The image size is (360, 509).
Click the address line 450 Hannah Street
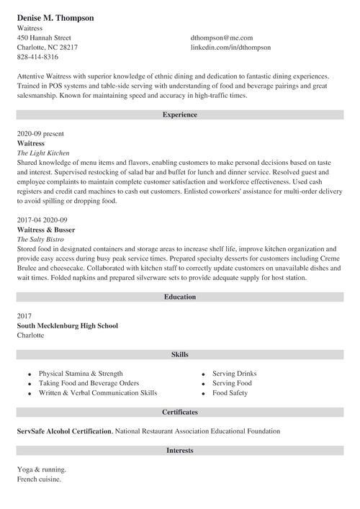point(44,37)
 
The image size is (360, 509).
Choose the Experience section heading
point(180,114)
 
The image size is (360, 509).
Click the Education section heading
point(180,297)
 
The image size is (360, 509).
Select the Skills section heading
point(180,355)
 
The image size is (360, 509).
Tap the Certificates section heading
point(180,413)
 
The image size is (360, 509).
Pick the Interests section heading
point(180,451)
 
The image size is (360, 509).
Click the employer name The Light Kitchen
point(43,153)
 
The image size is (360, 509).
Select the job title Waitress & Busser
point(46,229)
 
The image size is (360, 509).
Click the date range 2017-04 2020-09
point(42,220)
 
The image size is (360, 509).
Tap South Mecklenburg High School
point(68,325)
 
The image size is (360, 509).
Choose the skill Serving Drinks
point(234,374)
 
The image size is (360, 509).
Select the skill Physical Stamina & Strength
point(81,374)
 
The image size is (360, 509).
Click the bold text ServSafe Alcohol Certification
point(64,431)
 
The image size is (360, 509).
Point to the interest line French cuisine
point(39,479)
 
